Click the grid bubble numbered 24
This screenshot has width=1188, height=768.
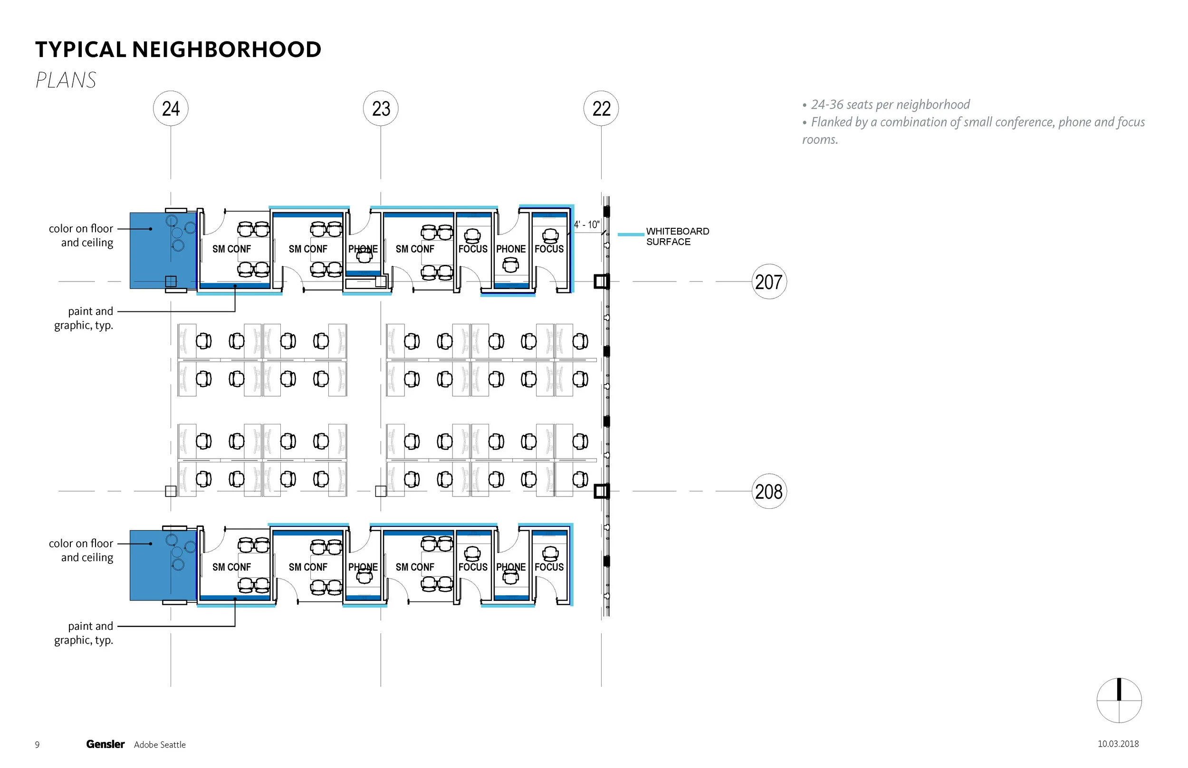tap(171, 109)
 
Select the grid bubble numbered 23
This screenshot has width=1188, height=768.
tap(381, 109)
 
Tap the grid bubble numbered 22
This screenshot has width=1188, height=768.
tap(601, 109)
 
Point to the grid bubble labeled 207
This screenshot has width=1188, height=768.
tap(769, 282)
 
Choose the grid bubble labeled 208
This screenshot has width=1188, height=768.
tap(769, 492)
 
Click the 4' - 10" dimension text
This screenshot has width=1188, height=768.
tap(586, 225)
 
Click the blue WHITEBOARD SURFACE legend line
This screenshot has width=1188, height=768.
tap(631, 234)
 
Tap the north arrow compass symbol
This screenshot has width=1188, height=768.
tap(1119, 700)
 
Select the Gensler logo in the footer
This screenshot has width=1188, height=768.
tap(105, 744)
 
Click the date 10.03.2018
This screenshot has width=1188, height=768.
tap(1118, 744)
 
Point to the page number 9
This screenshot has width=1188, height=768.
tap(37, 745)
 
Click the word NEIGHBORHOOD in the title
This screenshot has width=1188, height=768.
tap(227, 49)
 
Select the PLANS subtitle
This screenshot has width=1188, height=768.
tap(66, 80)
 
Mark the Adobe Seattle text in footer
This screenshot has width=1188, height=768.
tap(160, 745)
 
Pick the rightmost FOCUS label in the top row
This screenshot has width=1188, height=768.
tap(549, 249)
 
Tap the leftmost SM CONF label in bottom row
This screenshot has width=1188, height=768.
tap(231, 567)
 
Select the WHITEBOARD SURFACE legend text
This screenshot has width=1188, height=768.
tap(677, 236)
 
